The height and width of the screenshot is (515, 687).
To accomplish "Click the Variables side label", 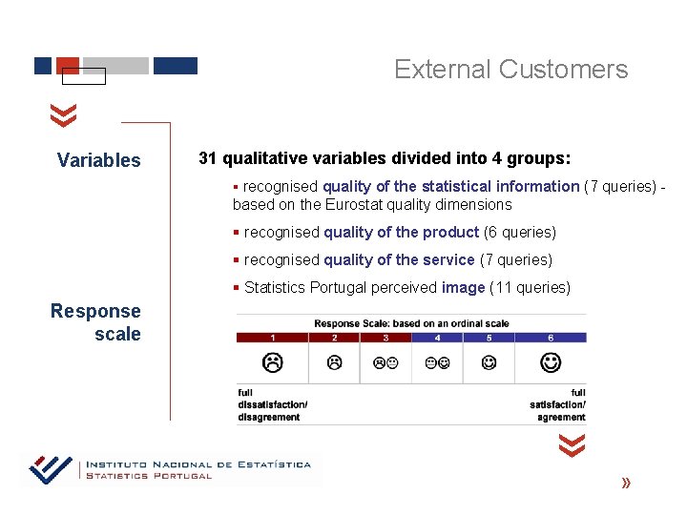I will (98, 160).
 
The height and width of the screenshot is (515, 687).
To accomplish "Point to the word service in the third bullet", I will (448, 260).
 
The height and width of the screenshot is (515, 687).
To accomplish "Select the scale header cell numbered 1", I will (273, 337).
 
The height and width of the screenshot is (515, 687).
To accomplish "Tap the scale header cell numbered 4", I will (437, 337).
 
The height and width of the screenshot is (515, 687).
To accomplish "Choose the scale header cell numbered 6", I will (551, 337).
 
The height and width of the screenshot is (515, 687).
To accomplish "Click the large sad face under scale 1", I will (273, 362).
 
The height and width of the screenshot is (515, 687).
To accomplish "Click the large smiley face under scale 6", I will (551, 362).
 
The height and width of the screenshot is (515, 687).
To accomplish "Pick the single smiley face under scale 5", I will (489, 362).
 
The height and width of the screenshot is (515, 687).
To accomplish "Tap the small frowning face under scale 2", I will (334, 362).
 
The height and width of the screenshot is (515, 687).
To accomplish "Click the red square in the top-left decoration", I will (67, 65).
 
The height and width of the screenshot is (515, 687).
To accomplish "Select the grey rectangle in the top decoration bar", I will (115, 66).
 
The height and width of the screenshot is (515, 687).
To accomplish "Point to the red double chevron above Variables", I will (63, 116).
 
